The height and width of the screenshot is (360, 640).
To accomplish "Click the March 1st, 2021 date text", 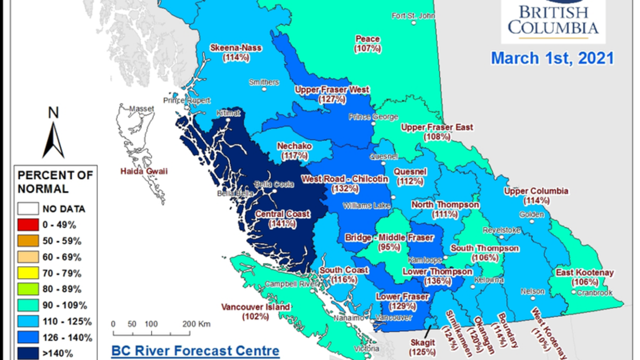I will (x=552, y=58).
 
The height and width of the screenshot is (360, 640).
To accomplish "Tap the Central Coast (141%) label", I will (x=282, y=219).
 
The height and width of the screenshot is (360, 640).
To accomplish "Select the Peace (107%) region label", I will (x=367, y=44).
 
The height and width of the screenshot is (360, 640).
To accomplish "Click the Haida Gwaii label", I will (x=143, y=172).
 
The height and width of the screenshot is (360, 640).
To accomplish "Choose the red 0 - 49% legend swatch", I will (x=28, y=225).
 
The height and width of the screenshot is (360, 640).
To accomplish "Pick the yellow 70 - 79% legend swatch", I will (x=28, y=274).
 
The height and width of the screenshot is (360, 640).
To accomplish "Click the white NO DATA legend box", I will (x=28, y=209).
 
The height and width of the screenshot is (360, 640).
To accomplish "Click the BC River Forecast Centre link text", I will (x=195, y=351).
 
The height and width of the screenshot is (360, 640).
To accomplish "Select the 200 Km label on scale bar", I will (x=196, y=324).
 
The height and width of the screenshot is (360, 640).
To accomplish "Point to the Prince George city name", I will (x=373, y=117).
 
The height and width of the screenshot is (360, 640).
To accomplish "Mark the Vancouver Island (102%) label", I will (x=255, y=312).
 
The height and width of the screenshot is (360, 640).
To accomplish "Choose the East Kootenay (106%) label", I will (x=585, y=277).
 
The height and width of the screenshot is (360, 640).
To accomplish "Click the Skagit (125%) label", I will (x=421, y=347).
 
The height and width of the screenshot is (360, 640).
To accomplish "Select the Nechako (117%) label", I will (x=294, y=151).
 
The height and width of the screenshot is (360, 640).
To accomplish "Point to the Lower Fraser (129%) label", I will (x=402, y=301).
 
